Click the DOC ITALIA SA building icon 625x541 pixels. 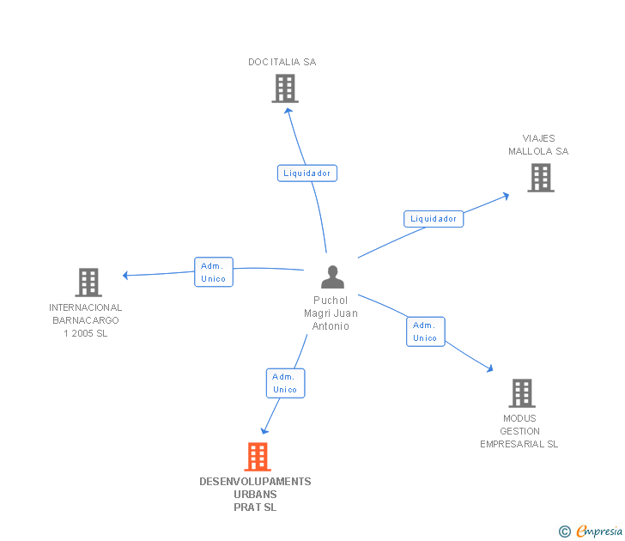tap(284, 88)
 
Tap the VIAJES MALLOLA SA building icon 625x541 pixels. tap(540, 178)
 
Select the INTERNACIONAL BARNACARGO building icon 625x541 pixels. tap(88, 283)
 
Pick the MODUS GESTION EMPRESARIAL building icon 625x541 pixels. tap(521, 393)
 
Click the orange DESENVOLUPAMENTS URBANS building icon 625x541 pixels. tap(258, 457)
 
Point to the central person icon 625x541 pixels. tap(332, 277)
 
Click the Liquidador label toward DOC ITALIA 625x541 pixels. tap(307, 173)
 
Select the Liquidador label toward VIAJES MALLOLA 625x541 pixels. tap(434, 219)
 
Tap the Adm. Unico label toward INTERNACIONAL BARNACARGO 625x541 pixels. tap(213, 272)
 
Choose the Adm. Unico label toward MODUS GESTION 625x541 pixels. tap(425, 331)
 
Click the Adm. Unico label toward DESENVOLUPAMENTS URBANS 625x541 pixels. tap(285, 383)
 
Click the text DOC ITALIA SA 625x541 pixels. tap(282, 62)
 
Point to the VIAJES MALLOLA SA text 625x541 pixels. tap(538, 145)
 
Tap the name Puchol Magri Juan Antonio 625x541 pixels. tap(331, 313)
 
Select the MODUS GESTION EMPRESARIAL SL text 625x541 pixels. tap(519, 431)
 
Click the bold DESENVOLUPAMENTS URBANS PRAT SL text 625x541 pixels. tap(255, 495)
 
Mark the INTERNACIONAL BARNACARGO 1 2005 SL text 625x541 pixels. tap(86, 320)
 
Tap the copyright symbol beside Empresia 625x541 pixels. tap(565, 532)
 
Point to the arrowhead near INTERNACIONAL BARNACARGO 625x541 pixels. tap(125, 276)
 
